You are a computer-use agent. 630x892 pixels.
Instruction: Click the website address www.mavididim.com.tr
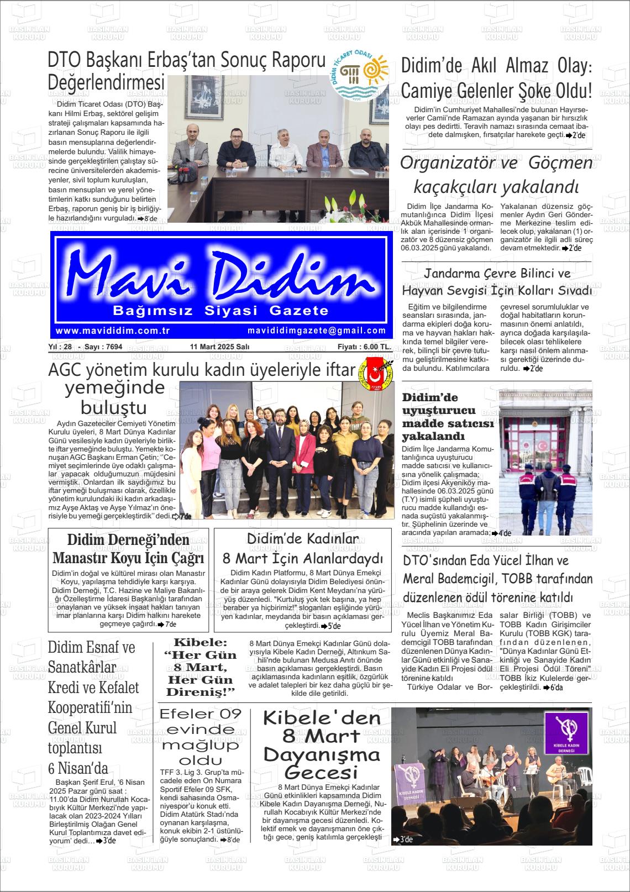pos(112,330)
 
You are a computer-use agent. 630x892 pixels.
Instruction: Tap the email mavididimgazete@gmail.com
pos(317,330)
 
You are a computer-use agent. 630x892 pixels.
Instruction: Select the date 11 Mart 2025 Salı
pos(219,347)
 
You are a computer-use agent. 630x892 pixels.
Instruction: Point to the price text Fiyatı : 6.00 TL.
pos(364,347)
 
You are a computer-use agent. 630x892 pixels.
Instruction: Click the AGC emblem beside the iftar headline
pos(377,372)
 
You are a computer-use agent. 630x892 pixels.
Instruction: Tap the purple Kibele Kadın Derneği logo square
pos(566,734)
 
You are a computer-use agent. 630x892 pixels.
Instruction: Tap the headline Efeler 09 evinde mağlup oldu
pos(201,737)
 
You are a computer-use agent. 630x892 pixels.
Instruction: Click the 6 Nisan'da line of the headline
pos(78,768)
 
